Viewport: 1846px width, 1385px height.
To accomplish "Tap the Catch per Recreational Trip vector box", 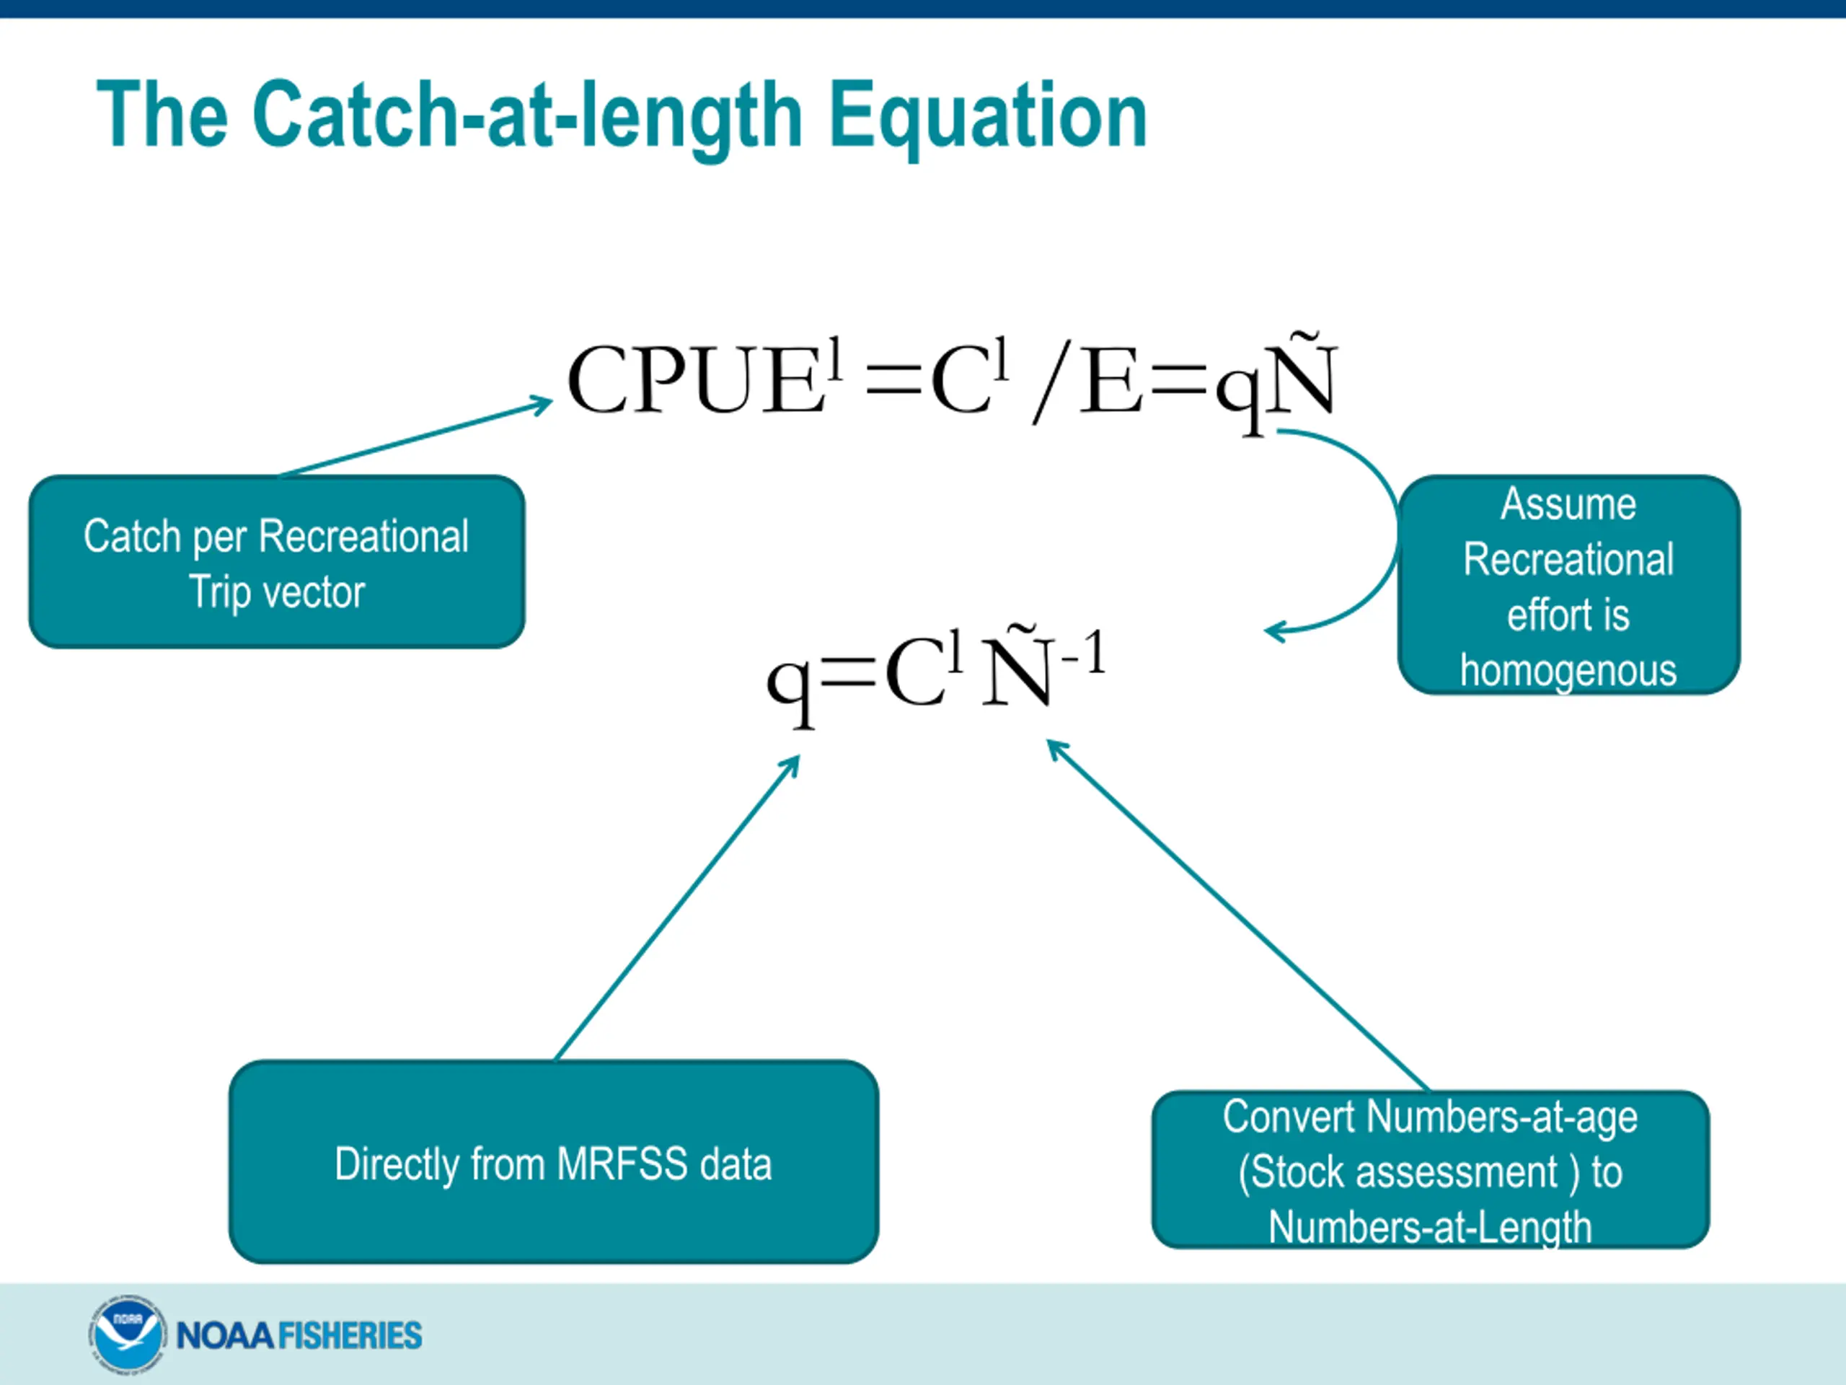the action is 276,561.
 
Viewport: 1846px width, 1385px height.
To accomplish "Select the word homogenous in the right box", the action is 1568,670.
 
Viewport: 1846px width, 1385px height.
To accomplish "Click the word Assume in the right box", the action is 1568,504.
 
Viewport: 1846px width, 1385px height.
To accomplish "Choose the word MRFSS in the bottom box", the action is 622,1164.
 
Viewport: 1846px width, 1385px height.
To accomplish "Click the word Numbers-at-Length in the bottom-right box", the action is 1429,1227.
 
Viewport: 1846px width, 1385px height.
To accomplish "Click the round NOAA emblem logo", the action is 126,1334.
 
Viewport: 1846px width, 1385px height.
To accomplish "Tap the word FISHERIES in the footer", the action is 349,1336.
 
